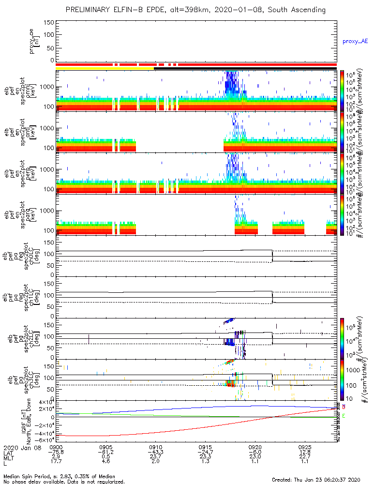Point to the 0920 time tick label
click(255, 447)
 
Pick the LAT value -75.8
click(56, 453)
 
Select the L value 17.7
click(56, 463)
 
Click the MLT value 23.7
click(155, 458)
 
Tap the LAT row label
click(9, 453)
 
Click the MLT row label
click(9, 458)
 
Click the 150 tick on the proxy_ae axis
click(48, 22)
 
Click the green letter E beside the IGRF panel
click(344, 416)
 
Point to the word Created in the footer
click(282, 480)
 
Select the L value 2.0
click(155, 463)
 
